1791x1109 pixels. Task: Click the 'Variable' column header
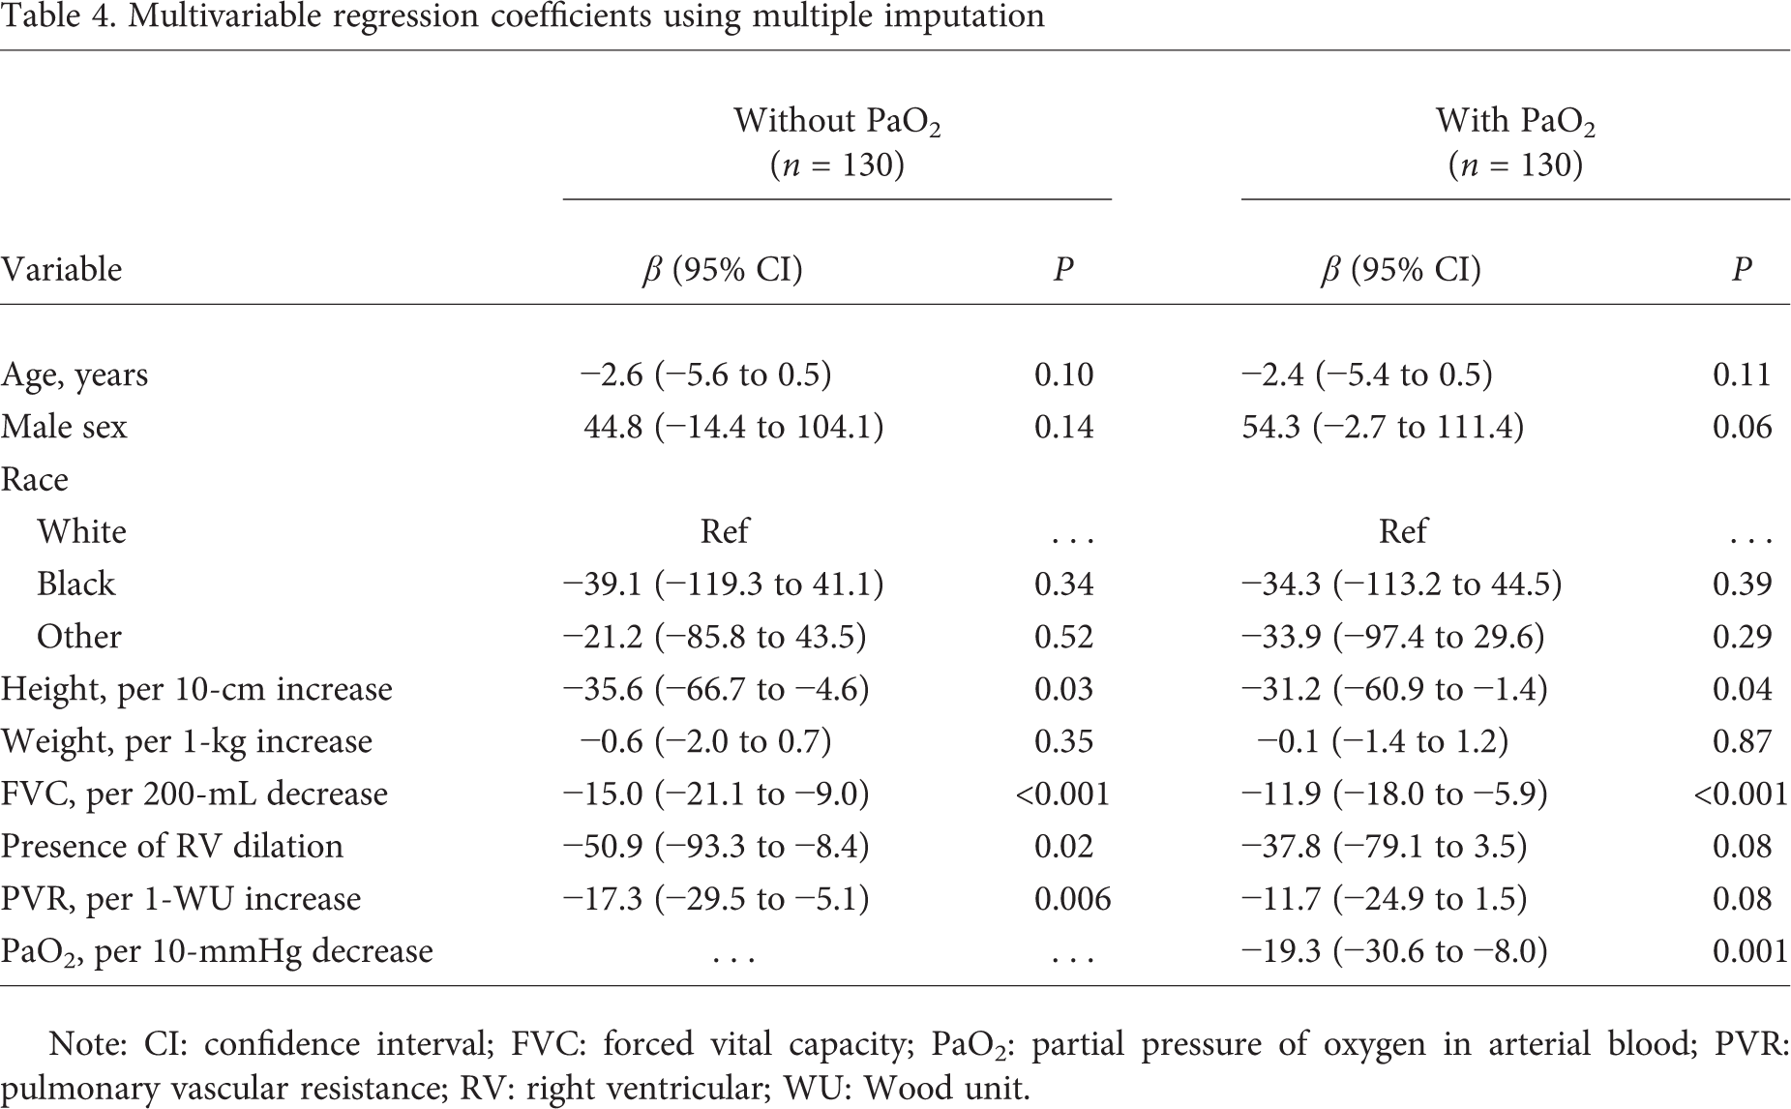(62, 269)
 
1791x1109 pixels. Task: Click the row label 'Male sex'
(64, 427)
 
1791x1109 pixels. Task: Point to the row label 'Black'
(75, 584)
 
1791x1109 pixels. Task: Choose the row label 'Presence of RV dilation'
(171, 846)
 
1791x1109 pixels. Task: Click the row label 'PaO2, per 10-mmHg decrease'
(217, 951)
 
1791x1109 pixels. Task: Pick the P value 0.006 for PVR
(1073, 898)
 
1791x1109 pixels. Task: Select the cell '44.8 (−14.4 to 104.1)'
(733, 427)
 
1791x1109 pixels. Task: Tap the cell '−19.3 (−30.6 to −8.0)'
(1394, 951)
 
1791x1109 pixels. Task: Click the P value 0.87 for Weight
(1743, 741)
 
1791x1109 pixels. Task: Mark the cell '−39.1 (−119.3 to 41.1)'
(724, 584)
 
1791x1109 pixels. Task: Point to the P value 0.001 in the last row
(1750, 951)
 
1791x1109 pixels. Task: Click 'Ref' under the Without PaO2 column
(725, 531)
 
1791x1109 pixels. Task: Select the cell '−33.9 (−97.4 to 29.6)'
(1393, 637)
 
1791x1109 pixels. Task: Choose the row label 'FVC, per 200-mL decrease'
(194, 794)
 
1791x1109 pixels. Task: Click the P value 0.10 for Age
(1063, 375)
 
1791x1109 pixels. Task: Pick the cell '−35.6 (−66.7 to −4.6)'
(716, 689)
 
